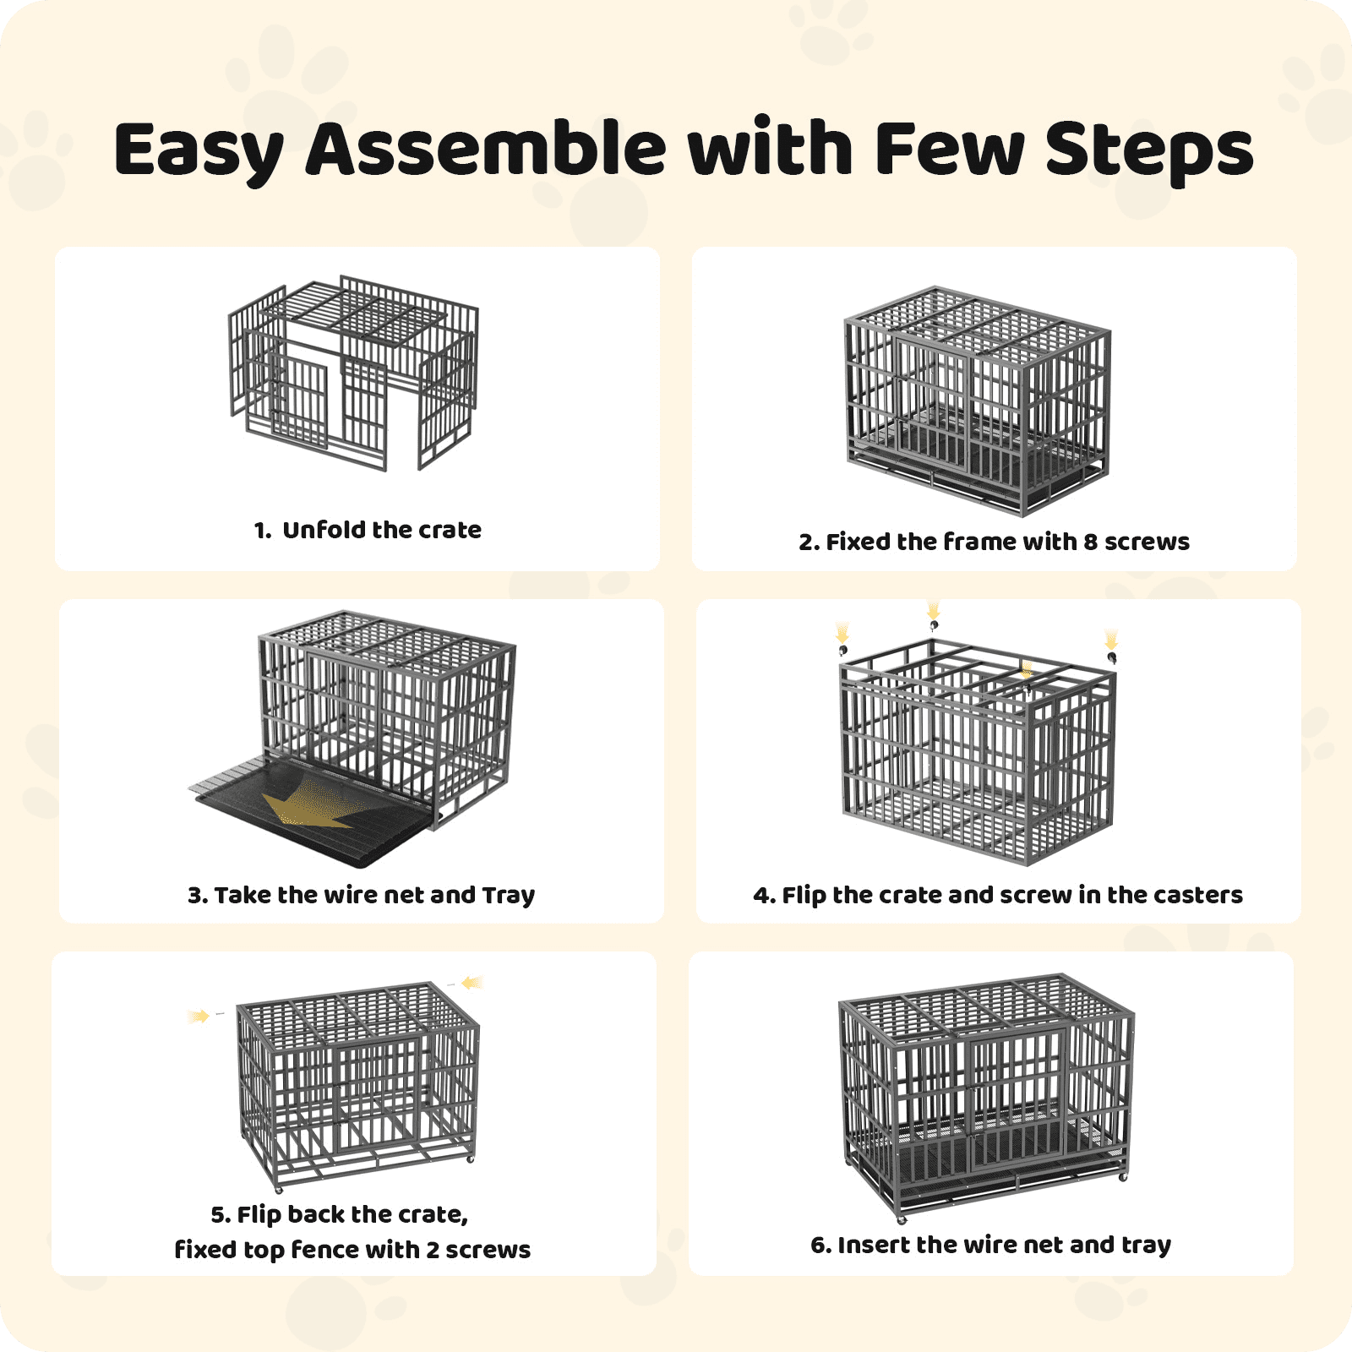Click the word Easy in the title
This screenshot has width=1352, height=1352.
click(199, 150)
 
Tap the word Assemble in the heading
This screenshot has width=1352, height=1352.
click(487, 148)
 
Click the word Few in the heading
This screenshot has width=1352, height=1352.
click(949, 149)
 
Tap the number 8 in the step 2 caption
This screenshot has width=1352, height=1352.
click(1090, 542)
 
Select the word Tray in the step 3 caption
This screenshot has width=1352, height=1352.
click(508, 896)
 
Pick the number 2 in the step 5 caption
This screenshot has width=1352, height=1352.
click(432, 1250)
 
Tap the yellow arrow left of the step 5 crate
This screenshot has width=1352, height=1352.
click(199, 1016)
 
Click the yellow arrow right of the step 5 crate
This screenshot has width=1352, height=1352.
click(472, 982)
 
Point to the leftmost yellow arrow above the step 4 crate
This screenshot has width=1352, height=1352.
click(842, 632)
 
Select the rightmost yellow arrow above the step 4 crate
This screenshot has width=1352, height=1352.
click(1111, 639)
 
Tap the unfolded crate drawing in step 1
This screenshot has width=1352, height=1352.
click(353, 372)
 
